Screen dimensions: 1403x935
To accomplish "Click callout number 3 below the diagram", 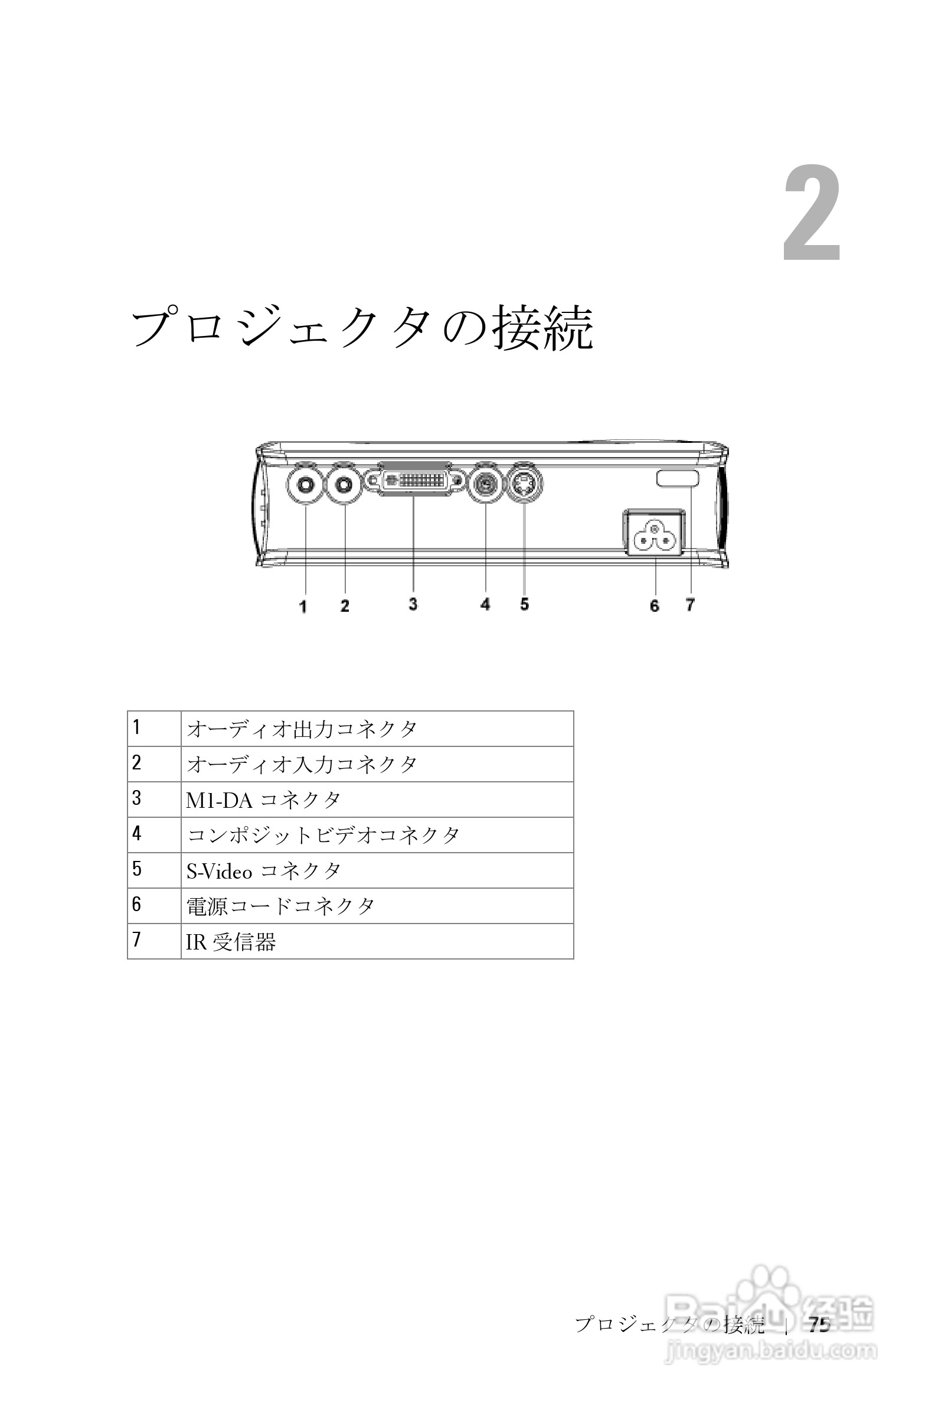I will click(413, 603).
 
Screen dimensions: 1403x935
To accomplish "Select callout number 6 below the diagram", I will click(654, 606).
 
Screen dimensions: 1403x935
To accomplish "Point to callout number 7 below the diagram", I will click(690, 605).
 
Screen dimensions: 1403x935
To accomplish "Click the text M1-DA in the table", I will click(219, 801).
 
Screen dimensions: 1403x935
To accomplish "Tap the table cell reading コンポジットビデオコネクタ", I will click(323, 835).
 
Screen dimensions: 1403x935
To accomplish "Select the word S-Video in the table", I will click(219, 872).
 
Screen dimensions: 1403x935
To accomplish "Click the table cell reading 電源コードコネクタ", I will click(280, 906).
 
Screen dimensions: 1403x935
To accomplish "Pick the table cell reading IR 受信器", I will click(231, 942).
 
